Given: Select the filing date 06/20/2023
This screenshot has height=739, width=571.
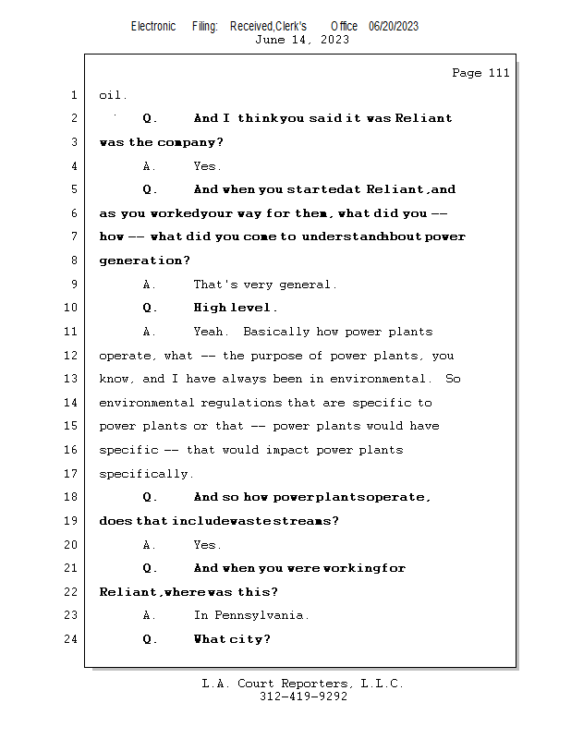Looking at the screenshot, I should click(x=393, y=27).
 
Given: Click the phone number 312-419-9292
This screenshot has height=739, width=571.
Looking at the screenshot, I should click(x=303, y=697).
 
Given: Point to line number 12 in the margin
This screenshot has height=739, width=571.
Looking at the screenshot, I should click(x=73, y=356).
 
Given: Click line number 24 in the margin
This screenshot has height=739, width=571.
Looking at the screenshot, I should click(x=73, y=639).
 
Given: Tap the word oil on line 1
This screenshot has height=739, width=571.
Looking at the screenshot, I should click(x=113, y=95).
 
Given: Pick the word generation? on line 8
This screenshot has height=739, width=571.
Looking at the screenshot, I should click(x=144, y=260).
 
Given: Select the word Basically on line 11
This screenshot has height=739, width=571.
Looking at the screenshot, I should click(x=275, y=332).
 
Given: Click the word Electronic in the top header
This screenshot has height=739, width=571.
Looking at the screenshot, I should click(x=153, y=27).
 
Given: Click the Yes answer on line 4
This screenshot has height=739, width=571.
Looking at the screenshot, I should click(x=207, y=166).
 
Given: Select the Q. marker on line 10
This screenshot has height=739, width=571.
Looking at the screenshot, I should click(x=151, y=308).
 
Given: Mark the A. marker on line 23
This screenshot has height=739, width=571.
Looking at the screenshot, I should click(x=150, y=615).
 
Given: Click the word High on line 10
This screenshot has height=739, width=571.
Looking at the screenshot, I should click(x=210, y=308).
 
